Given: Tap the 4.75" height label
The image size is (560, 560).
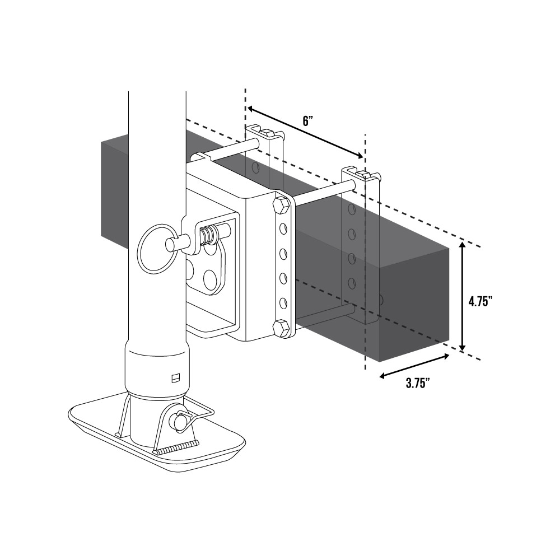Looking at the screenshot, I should [x=480, y=301].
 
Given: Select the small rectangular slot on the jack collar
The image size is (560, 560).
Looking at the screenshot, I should [x=175, y=378].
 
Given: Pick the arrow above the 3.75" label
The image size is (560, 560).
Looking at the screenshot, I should [x=414, y=366].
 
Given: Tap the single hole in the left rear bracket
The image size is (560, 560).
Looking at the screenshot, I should [x=255, y=167].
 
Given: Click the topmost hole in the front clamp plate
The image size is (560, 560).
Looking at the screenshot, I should [x=284, y=227].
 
